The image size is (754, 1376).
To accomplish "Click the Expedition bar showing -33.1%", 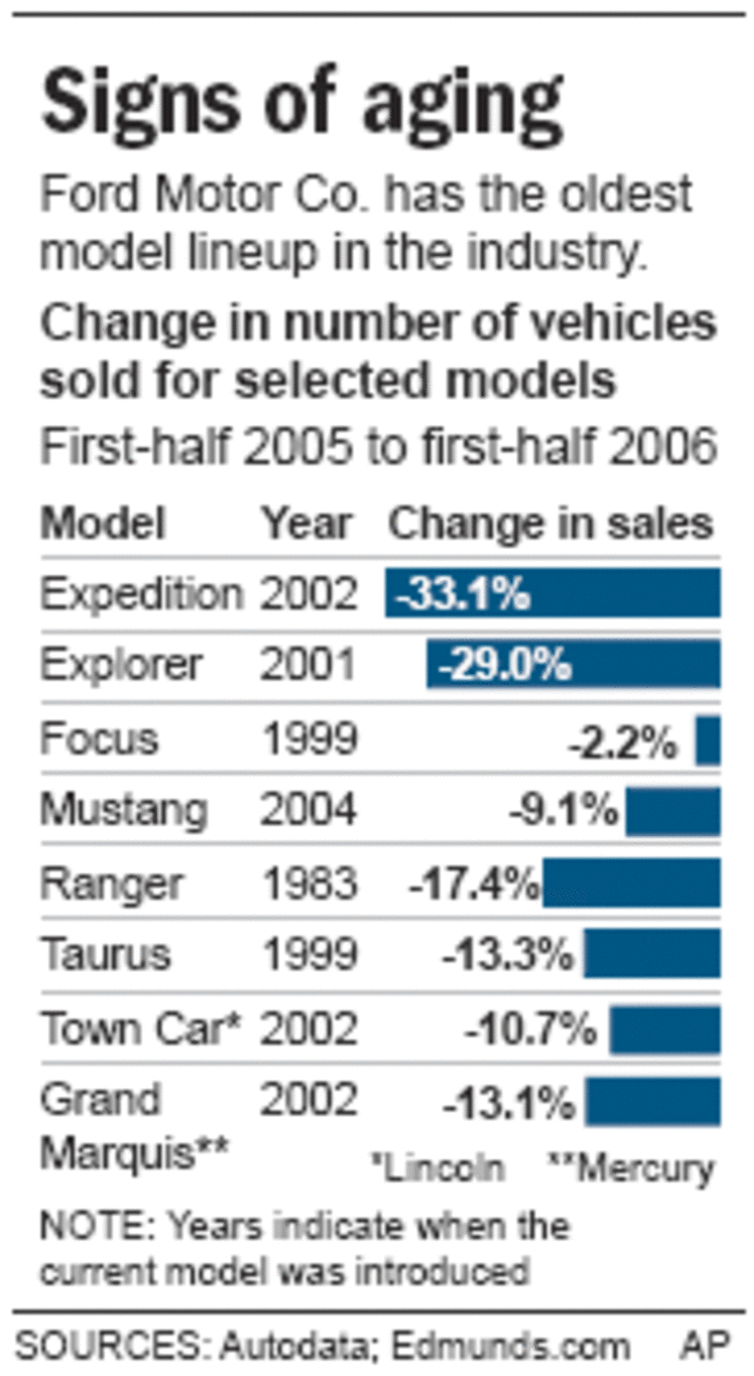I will pos(553,594).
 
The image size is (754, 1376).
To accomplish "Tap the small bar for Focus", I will pos(707,741).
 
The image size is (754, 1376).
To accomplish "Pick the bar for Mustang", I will pos(673,811).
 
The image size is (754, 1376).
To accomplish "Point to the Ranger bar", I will pos(631,883).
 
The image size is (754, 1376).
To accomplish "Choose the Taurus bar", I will pos(652,954).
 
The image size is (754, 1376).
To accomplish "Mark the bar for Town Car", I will pos(665,1029).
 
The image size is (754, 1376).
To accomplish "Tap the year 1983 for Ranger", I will pos(308,883).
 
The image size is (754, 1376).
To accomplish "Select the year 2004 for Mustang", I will pos(308,811).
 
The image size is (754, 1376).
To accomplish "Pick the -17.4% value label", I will pos(474,883).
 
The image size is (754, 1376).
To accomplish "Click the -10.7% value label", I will pos(531,1030).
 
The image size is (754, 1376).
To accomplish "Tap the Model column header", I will pos(102,523).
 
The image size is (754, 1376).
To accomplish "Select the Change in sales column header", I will pos(551,523).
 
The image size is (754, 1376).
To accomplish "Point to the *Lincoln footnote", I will pos(437,1168).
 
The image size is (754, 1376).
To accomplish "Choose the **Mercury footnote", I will pos(631,1168).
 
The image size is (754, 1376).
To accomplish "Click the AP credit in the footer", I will pos(705,1346).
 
